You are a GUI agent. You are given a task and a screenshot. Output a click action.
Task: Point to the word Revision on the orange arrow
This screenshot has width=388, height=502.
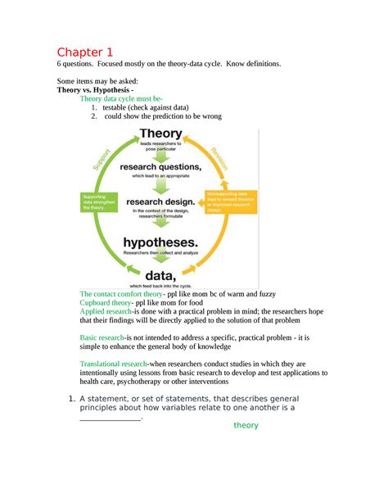point(219,156)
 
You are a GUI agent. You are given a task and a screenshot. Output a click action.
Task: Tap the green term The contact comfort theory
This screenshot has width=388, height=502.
point(121,293)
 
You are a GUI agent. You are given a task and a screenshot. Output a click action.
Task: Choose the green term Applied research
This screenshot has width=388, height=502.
point(105,312)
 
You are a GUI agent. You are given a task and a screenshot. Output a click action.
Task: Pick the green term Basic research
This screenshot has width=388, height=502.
point(102,337)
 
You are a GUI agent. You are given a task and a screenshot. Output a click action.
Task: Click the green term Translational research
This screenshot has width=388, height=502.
point(113,364)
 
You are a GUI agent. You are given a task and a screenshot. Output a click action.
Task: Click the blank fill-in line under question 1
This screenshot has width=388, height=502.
point(111,418)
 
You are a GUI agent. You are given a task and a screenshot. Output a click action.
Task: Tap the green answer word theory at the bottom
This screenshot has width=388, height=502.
point(246,425)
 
